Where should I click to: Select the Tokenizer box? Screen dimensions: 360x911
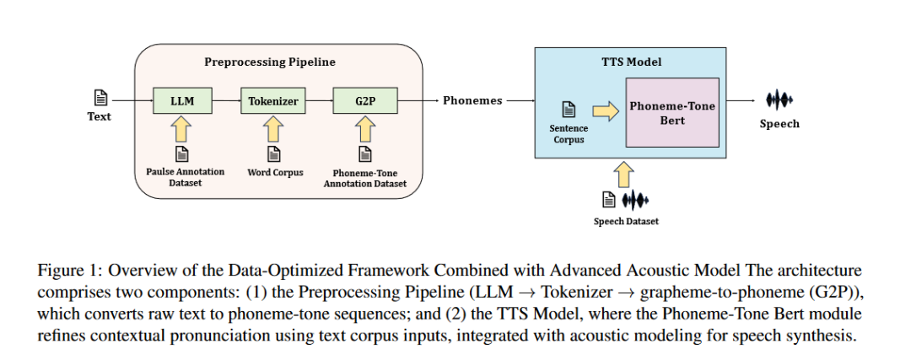coord(273,101)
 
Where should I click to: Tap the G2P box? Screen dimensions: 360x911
coord(365,101)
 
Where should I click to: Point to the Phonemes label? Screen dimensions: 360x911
coord(472,101)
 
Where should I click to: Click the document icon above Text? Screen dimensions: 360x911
coord(100,97)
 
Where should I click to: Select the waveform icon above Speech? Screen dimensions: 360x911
coord(779,99)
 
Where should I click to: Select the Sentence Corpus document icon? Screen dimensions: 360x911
coord(569,109)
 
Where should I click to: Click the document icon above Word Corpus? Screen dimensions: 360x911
coord(273,153)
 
